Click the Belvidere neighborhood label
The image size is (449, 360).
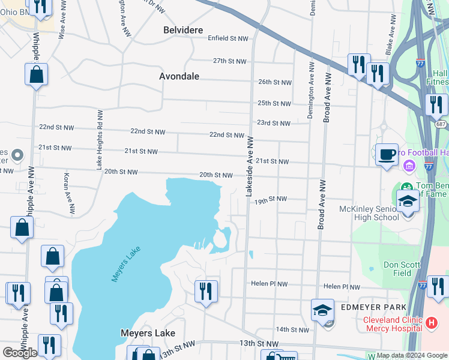pyautogui.click(x=183, y=30)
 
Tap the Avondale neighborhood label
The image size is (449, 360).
pyautogui.click(x=179, y=76)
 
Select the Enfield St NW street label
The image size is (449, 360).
pyautogui.click(x=228, y=38)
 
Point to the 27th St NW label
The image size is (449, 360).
pyautogui.click(x=229, y=61)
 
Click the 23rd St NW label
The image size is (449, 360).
pyautogui.click(x=273, y=123)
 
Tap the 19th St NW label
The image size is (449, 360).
pyautogui.click(x=270, y=199)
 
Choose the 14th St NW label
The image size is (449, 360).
pyautogui.click(x=292, y=329)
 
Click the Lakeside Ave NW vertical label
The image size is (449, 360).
pyautogui.click(x=250, y=165)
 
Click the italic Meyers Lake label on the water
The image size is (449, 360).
pyautogui.click(x=125, y=266)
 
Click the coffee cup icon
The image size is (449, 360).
pyautogui.click(x=387, y=154)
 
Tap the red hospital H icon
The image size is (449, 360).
pyautogui.click(x=430, y=323)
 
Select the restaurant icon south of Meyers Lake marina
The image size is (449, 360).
pyautogui.click(x=206, y=292)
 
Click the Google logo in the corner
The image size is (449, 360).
pyautogui.click(x=20, y=353)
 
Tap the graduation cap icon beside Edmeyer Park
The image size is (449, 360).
pyautogui.click(x=322, y=310)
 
